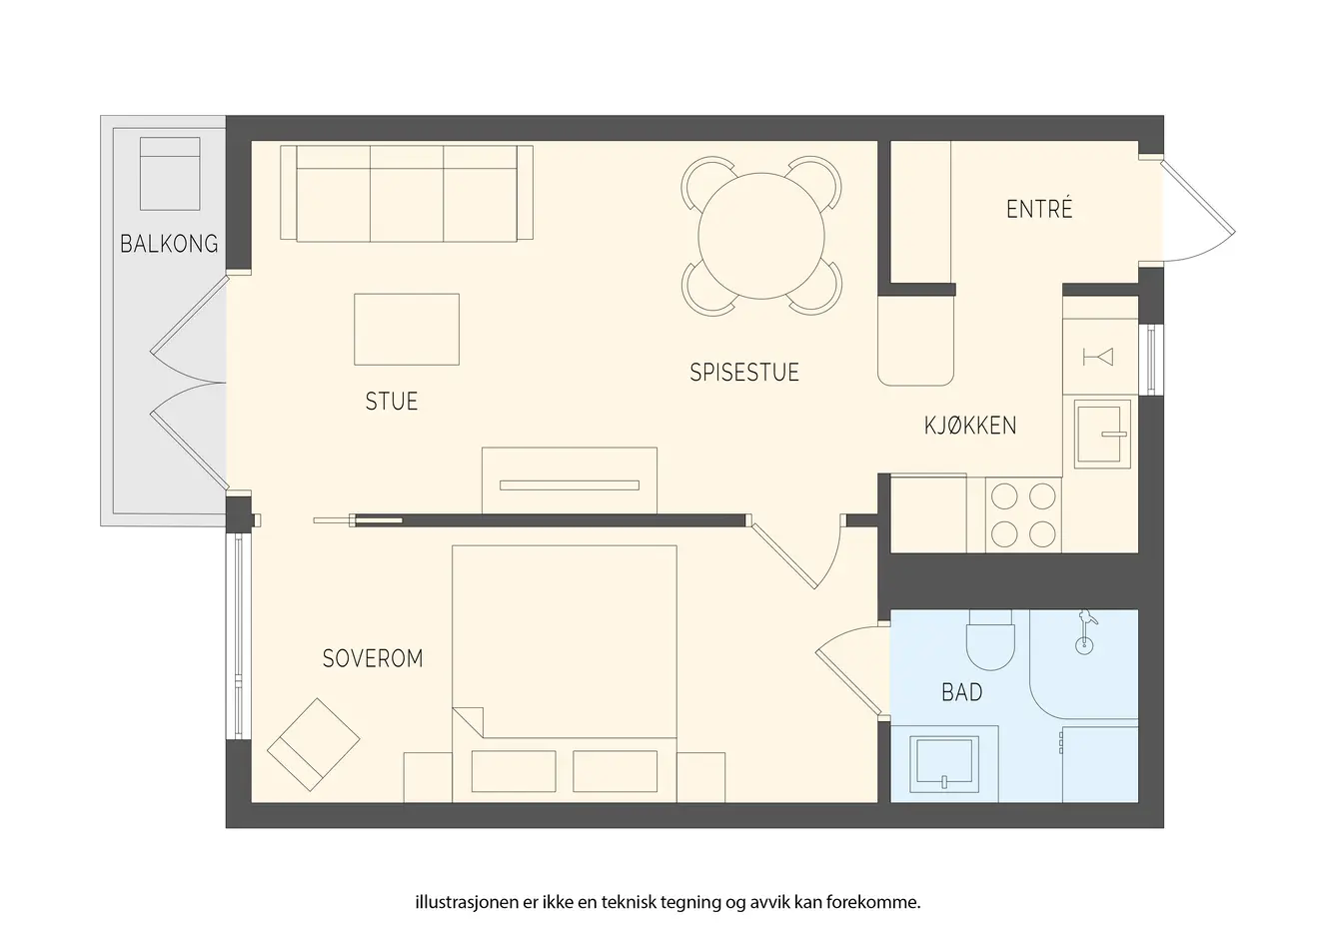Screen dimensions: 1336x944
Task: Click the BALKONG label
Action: [169, 244]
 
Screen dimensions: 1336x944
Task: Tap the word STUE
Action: [392, 402]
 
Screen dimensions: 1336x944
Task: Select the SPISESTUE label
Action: [744, 373]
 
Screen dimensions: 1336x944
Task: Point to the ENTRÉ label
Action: [1039, 209]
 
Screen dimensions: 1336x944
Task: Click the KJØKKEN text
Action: [970, 426]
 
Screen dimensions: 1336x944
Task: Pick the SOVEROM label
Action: [373, 658]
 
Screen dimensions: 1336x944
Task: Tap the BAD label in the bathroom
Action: [961, 692]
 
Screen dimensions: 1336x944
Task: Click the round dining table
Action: [761, 236]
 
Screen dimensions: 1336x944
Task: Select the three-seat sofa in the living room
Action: [407, 193]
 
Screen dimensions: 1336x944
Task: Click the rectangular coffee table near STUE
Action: [407, 330]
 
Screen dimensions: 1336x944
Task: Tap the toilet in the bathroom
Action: [990, 639]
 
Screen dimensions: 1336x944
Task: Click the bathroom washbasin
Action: [944, 764]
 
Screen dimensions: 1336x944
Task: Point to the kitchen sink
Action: [1102, 434]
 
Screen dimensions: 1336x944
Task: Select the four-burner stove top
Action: [1023, 515]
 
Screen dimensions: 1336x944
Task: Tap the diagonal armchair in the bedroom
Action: [313, 745]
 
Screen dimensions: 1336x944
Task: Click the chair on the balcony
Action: [170, 174]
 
